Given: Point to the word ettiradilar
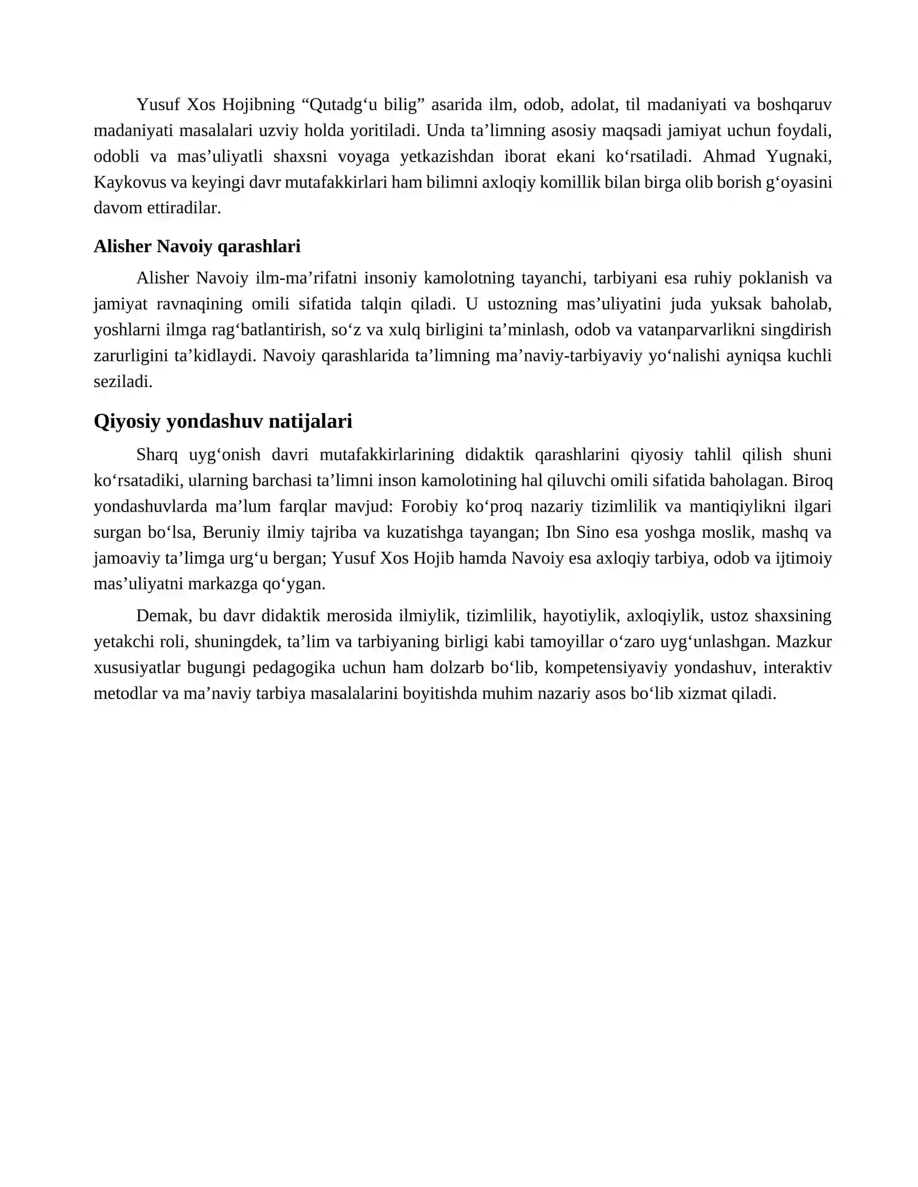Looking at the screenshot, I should pos(184,208).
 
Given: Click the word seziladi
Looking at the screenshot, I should pos(123,381).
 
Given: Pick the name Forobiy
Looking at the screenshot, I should pos(429,506).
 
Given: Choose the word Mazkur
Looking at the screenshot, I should pos(804,642).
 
